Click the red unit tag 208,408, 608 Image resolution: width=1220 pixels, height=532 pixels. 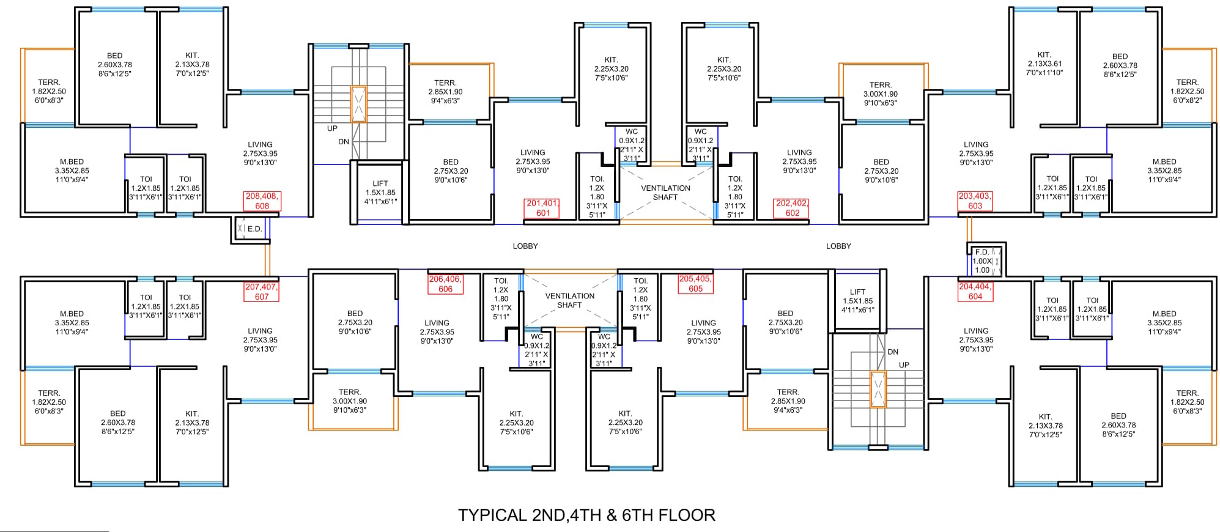(262, 201)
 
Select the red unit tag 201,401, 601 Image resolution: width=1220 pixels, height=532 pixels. (542, 209)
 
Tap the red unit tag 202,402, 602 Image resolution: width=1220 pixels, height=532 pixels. (792, 209)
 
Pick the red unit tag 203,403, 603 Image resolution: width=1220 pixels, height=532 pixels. (975, 201)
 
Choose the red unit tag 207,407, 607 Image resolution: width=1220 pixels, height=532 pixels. (262, 292)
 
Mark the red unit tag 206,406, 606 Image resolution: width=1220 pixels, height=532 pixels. (445, 284)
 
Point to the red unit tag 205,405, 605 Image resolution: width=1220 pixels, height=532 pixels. (695, 284)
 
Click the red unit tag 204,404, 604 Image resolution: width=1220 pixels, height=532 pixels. (975, 292)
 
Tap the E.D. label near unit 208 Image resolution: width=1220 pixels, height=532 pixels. (254, 229)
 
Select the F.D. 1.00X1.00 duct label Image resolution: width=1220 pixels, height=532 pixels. (982, 261)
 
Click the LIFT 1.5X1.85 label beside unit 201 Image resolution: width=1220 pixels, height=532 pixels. (380, 193)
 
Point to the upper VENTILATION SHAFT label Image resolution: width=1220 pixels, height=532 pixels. (665, 193)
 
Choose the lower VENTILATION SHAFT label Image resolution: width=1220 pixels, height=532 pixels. (569, 300)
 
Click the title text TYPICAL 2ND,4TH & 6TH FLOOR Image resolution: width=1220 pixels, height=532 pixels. (586, 515)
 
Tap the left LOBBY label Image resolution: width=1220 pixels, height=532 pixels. (525, 246)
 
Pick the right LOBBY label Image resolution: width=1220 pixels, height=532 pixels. (838, 246)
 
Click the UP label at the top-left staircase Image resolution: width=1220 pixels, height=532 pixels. (332, 128)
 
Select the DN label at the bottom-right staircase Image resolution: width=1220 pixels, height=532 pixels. (893, 352)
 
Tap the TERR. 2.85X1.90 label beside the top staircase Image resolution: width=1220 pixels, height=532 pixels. (445, 92)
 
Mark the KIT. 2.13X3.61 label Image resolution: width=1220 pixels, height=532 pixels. (1044, 64)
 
